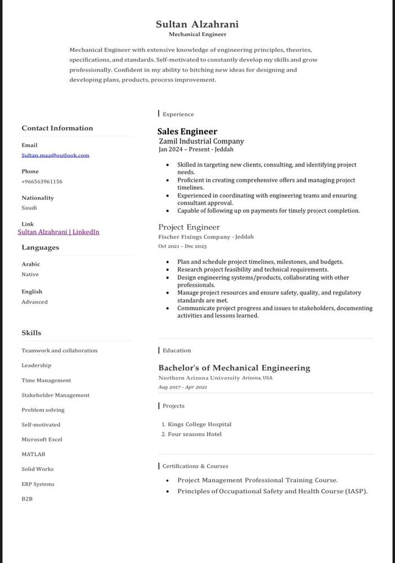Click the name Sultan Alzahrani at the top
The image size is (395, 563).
pos(197,24)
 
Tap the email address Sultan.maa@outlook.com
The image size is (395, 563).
pos(55,155)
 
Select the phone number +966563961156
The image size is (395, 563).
pos(42,181)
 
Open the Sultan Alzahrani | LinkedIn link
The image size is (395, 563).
pos(59,231)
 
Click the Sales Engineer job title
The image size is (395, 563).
pos(187,131)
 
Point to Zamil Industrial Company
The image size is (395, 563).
pos(201,141)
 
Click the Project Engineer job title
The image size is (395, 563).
pos(189,227)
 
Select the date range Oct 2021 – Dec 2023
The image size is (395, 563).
pos(182,246)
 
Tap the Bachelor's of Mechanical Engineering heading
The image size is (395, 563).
pos(234,368)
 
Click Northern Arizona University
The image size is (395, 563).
pos(199,378)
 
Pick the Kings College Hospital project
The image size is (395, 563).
pos(199,424)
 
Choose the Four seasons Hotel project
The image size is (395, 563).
pos(195,434)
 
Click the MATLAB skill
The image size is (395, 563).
pos(33,454)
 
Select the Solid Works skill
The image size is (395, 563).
pos(38,468)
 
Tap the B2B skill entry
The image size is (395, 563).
pos(27,498)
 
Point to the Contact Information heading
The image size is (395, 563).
pos(57,128)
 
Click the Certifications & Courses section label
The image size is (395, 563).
pos(195,466)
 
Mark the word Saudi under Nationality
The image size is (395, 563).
pos(29,208)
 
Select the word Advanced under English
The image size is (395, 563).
pos(34,302)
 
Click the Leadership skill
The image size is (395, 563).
pos(36,365)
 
